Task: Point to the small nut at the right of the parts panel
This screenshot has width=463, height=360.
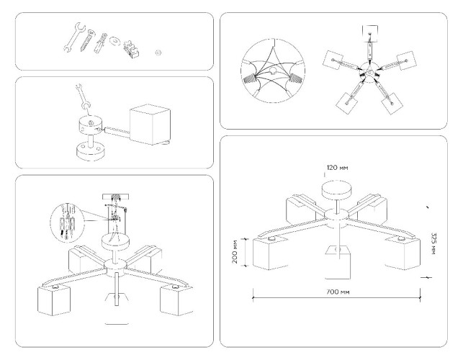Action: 158,53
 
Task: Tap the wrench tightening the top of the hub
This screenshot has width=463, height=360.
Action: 81,99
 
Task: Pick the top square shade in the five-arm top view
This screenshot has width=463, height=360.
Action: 371,33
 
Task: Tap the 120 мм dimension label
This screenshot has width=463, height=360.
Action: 337,167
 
